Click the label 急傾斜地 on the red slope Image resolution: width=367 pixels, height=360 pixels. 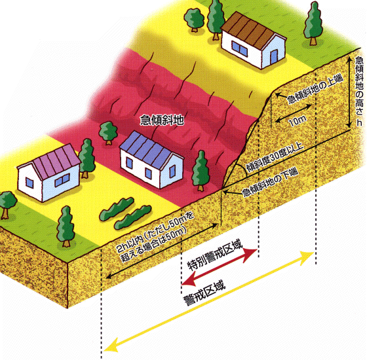(162, 120)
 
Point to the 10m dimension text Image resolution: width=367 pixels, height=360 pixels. (298, 121)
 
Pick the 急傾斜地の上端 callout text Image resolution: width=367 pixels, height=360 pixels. (315, 89)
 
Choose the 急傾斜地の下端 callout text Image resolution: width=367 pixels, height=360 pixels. (270, 183)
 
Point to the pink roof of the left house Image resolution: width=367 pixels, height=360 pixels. (56, 160)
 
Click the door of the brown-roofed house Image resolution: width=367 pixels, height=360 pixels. (274, 58)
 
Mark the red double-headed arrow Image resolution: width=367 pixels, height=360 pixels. (220, 267)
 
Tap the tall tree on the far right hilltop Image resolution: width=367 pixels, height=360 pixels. (313, 23)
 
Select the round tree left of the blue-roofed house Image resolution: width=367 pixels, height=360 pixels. (108, 132)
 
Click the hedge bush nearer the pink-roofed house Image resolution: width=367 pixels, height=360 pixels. (117, 209)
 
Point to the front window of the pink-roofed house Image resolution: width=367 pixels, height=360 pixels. (62, 180)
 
